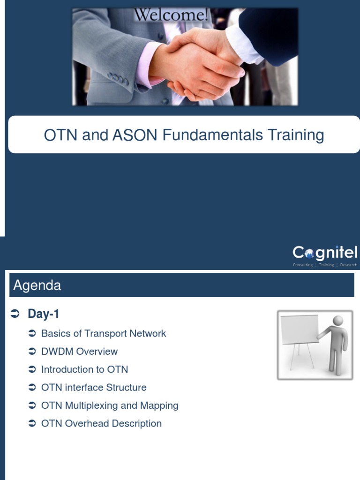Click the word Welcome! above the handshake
[x=172, y=15]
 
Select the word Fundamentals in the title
[x=213, y=135]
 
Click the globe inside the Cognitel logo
[x=309, y=254]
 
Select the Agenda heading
[x=37, y=285]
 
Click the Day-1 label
[x=43, y=314]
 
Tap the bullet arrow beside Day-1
[x=15, y=314]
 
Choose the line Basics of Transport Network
[x=104, y=334]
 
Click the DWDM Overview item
[x=79, y=352]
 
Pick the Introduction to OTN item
[x=84, y=369]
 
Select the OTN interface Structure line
[x=94, y=388]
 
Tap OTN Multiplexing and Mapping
[x=110, y=405]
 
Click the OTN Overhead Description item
[x=101, y=424]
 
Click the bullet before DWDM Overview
[x=32, y=352]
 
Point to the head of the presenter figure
[x=337, y=321]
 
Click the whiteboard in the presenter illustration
[x=299, y=329]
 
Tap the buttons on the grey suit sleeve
[x=118, y=78]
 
